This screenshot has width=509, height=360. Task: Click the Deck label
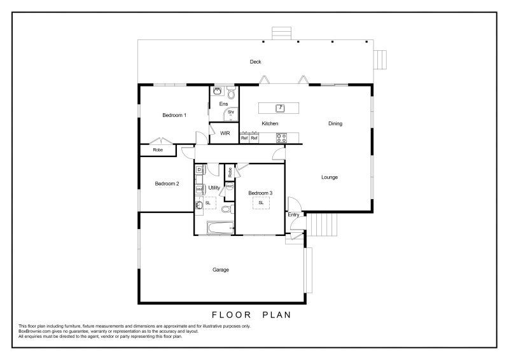(x=256, y=62)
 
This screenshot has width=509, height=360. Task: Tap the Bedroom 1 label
(x=174, y=115)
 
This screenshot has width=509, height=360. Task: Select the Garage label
(x=221, y=270)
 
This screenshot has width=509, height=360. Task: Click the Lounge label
(x=330, y=177)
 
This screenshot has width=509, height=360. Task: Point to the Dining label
(x=335, y=123)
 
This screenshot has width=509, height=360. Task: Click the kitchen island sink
(x=280, y=108)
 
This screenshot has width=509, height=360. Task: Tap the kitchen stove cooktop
(x=281, y=138)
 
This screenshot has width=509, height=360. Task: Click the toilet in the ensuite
(x=231, y=92)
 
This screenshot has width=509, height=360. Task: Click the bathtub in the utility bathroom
(x=220, y=228)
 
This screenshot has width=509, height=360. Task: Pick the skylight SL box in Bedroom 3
(x=261, y=203)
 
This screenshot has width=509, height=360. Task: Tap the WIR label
(x=225, y=134)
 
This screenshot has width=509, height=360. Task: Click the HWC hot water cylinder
(x=230, y=187)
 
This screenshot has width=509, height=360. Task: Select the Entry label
(x=293, y=215)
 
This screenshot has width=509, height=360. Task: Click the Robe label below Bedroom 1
(x=158, y=150)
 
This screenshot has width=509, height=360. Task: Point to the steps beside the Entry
(x=322, y=225)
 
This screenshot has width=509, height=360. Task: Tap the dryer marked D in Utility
(x=199, y=170)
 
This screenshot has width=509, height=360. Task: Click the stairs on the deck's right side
(x=380, y=60)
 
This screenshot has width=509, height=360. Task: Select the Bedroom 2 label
(x=167, y=184)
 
